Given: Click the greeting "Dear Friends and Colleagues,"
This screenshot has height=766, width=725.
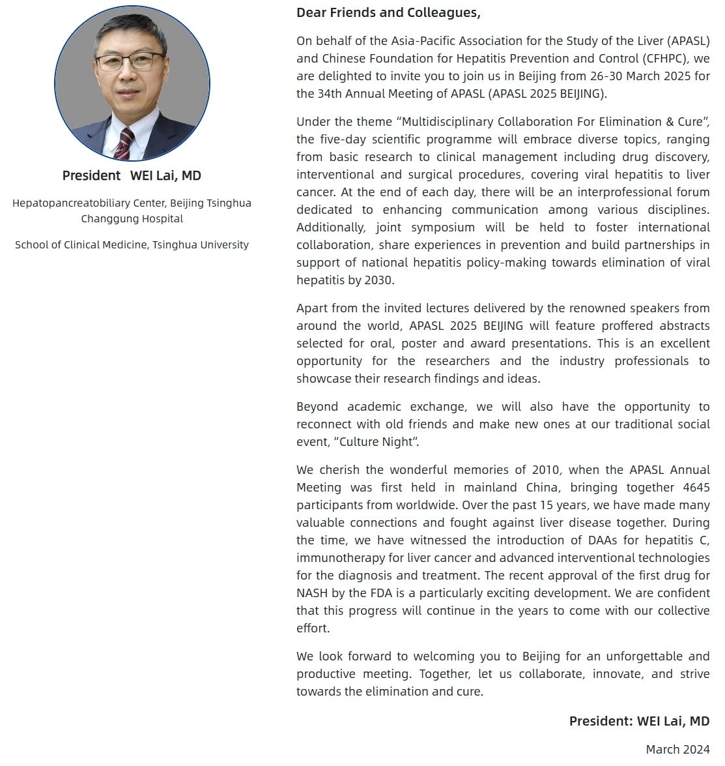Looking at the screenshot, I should (x=388, y=12).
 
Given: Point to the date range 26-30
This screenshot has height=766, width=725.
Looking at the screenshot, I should (x=605, y=76).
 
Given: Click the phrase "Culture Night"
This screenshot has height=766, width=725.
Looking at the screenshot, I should (x=375, y=442).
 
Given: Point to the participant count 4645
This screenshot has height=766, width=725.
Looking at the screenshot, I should (x=696, y=488).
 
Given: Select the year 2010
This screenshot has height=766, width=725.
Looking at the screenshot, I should (x=546, y=470).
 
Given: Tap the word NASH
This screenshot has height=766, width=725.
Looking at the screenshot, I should (x=311, y=593).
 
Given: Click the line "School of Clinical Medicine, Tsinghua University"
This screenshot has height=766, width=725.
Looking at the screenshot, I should (x=132, y=245).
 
